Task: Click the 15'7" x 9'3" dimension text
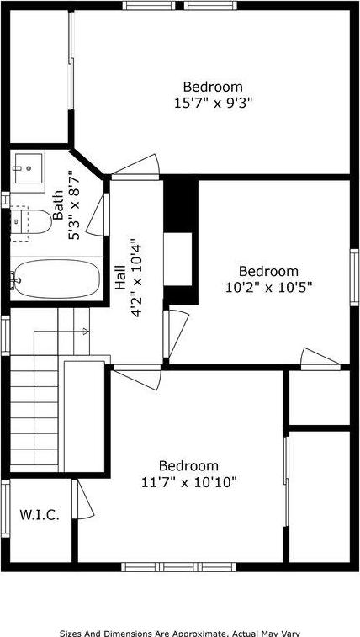pyautogui.click(x=213, y=103)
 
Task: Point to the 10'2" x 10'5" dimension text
pyautogui.click(x=267, y=287)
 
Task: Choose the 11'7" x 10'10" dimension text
pyautogui.click(x=188, y=482)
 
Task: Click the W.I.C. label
pyautogui.click(x=40, y=514)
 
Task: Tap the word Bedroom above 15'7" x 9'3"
pyautogui.click(x=213, y=87)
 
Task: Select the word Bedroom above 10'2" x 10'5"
pyautogui.click(x=267, y=271)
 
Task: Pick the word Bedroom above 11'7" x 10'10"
pyautogui.click(x=188, y=466)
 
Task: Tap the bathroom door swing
pyautogui.click(x=103, y=215)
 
